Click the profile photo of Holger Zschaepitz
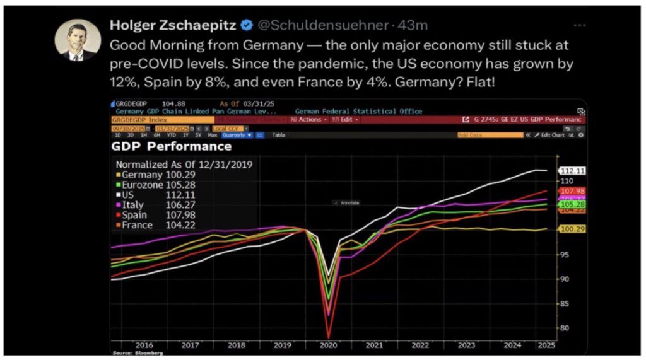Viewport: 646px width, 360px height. (78, 39)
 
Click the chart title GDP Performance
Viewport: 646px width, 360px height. (171, 147)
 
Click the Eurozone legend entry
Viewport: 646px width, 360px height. (151, 184)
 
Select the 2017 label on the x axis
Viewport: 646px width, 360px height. (190, 345)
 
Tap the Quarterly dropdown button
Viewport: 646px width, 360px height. (237, 135)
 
